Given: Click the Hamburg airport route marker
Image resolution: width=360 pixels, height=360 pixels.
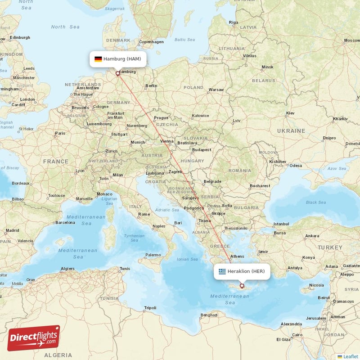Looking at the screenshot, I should click(118, 73).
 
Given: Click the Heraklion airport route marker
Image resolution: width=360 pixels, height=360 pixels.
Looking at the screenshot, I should click(242, 286).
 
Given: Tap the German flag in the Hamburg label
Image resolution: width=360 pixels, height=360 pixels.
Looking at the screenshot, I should click(98, 59).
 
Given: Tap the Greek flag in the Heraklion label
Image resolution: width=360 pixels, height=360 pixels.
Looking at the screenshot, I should click(222, 271).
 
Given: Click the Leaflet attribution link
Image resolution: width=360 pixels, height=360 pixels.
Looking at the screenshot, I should click(351, 356).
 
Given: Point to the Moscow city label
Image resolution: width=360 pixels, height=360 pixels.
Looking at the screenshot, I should click(351, 40).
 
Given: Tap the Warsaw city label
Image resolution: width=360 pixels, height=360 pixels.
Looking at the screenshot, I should click(216, 90).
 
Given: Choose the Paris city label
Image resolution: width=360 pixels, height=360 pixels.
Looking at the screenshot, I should click(60, 133).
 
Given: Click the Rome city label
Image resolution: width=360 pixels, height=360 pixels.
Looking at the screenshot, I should click(144, 214).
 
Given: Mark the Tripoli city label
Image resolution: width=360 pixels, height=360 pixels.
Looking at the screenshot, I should click(150, 308).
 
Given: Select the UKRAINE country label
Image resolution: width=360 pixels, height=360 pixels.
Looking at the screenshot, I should click(291, 130).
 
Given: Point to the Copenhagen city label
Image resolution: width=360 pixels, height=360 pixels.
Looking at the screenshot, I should click(151, 42).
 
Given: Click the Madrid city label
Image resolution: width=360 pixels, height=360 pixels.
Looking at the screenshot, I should click(12, 230).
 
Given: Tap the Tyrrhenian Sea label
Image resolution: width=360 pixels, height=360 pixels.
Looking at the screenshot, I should click(134, 238).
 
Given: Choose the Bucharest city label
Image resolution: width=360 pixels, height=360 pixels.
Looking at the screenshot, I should click(260, 185).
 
